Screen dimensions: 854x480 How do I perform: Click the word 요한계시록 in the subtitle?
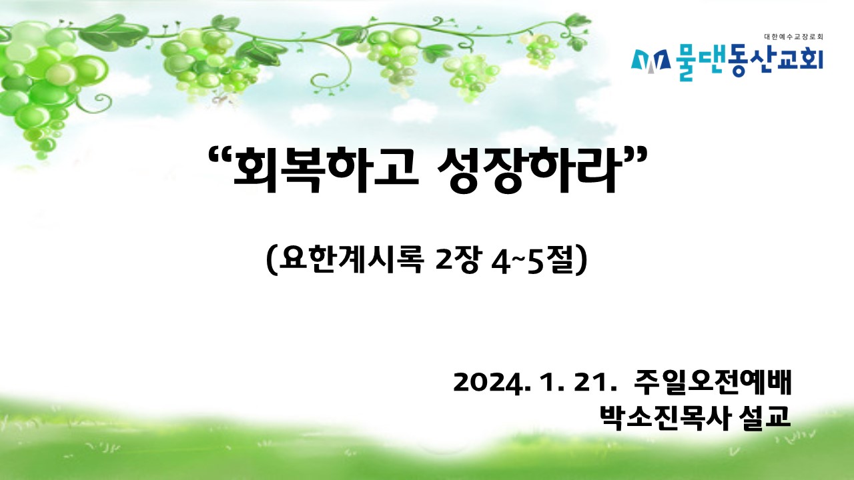351,260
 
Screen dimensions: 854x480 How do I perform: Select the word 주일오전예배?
712,382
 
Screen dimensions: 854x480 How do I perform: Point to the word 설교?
764,417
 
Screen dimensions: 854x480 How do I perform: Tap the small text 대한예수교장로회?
794,37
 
